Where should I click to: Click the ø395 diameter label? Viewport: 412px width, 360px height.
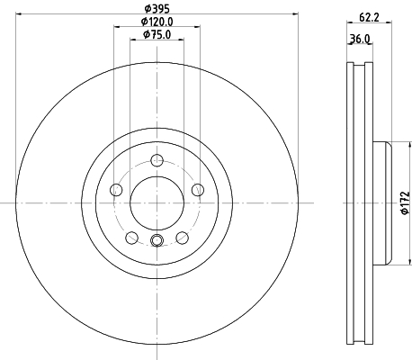(x=157, y=9)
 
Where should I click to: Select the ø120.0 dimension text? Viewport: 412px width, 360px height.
(x=157, y=22)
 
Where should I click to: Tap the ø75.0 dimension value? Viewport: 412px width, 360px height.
(x=157, y=34)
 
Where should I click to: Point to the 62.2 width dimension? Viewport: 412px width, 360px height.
(x=369, y=17)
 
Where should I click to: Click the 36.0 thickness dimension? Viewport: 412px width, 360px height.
(x=360, y=39)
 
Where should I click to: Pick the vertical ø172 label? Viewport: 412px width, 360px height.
(x=405, y=202)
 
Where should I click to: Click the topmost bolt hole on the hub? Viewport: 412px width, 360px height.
(x=157, y=160)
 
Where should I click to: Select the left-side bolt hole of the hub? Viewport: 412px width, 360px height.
(x=116, y=190)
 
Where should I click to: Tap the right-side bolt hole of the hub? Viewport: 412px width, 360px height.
(x=198, y=190)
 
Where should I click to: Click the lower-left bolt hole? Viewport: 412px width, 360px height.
(x=131, y=238)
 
